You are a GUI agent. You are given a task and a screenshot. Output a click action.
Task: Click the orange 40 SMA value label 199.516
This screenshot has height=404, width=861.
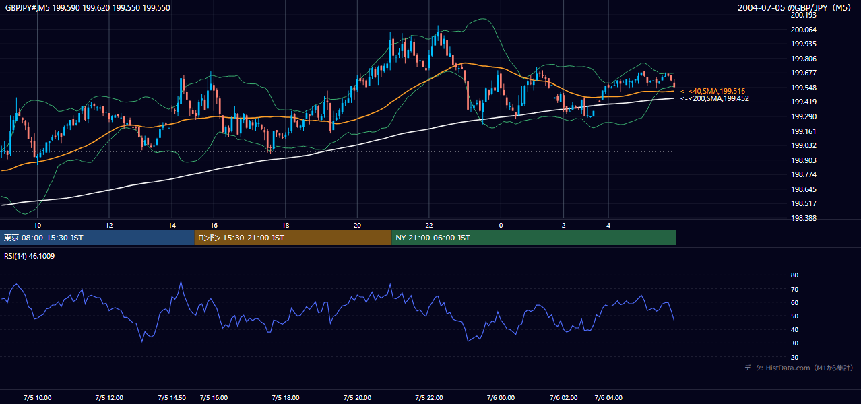coord(713,91)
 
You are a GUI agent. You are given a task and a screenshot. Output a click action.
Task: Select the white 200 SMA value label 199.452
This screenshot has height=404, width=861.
coord(715,99)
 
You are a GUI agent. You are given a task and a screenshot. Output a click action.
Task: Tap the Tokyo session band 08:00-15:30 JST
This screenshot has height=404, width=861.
coord(97,238)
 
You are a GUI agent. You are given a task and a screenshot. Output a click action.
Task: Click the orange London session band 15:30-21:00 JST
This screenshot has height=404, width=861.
coord(293,238)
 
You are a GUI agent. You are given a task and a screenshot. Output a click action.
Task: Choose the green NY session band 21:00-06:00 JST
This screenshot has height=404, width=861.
coord(534,238)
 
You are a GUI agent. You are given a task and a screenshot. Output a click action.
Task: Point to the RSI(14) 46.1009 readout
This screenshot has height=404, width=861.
coord(29,256)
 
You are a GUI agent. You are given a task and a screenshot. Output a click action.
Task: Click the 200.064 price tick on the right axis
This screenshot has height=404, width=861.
coord(803,30)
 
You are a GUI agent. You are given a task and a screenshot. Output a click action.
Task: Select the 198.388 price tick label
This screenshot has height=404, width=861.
coord(803,218)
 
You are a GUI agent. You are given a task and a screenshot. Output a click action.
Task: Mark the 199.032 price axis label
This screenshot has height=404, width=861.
coord(803,145)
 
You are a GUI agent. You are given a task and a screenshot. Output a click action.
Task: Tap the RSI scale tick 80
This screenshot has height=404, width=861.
coord(794,275)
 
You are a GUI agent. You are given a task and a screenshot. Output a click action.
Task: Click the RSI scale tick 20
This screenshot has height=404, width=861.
coord(794,357)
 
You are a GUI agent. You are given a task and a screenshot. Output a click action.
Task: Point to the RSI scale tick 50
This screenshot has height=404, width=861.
coord(794,316)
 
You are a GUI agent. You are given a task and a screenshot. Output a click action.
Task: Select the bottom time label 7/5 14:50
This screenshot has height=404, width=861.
coord(172,397)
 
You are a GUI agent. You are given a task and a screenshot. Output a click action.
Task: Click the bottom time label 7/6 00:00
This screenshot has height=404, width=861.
coord(501,397)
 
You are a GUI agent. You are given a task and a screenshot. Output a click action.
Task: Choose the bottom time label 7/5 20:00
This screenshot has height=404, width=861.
coord(357,397)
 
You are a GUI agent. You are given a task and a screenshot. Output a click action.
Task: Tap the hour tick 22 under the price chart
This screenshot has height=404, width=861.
coord(429,226)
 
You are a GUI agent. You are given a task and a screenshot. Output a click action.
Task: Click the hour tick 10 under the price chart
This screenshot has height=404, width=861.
coord(37,226)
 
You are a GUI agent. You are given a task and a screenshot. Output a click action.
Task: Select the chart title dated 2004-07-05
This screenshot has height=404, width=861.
coord(794,7)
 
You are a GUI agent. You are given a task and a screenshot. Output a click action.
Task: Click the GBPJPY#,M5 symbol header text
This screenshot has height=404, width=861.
coord(28,7)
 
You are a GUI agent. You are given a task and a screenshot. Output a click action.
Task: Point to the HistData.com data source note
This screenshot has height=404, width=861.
coord(798,368)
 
